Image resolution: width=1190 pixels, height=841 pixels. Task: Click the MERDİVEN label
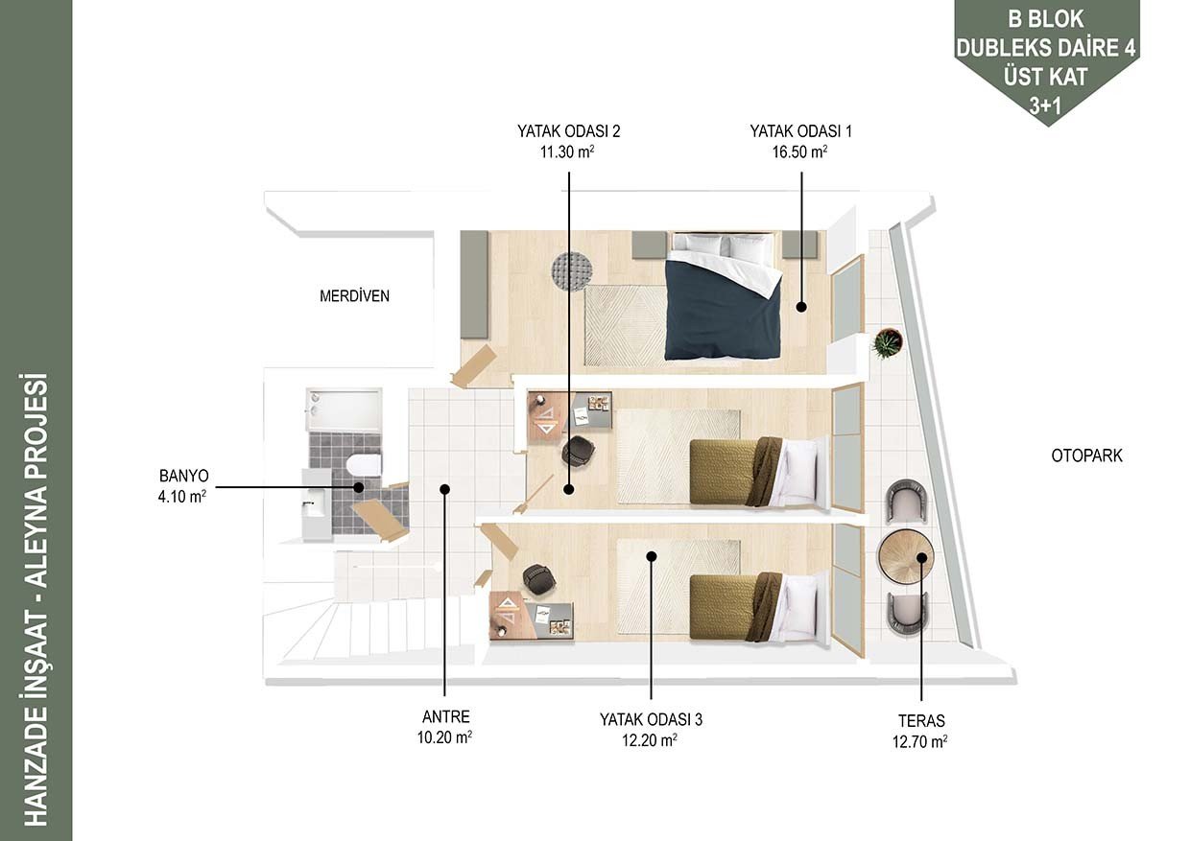pyautogui.click(x=354, y=295)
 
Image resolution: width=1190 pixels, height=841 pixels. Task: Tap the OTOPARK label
pyautogui.click(x=1087, y=455)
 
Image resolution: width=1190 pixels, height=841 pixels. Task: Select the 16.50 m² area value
pyautogui.click(x=799, y=152)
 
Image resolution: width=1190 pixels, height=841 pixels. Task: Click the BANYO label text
pyautogui.click(x=184, y=476)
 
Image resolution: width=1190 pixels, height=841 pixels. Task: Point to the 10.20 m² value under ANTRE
pyautogui.click(x=444, y=737)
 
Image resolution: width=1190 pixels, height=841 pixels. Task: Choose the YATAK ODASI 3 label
pyautogui.click(x=651, y=719)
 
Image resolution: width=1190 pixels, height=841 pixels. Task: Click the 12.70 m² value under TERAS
pyautogui.click(x=920, y=741)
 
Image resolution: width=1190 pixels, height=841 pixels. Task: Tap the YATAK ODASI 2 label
pyautogui.click(x=568, y=131)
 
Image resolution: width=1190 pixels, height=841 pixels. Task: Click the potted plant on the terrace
pyautogui.click(x=887, y=343)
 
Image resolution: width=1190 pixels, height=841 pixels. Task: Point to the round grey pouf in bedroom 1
pyautogui.click(x=572, y=270)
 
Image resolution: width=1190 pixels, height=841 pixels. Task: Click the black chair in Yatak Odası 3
pyautogui.click(x=539, y=577)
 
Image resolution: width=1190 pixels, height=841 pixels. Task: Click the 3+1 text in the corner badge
pyautogui.click(x=1045, y=106)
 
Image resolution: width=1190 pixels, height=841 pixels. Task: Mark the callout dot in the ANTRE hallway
pyautogui.click(x=444, y=489)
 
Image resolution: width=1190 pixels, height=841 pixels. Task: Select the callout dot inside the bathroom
pyautogui.click(x=359, y=487)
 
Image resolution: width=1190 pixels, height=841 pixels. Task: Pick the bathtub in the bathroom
pyautogui.click(x=345, y=409)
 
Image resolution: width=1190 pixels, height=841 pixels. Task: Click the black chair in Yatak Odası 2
pyautogui.click(x=578, y=451)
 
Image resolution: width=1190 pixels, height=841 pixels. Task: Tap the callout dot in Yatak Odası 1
pyautogui.click(x=801, y=306)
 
